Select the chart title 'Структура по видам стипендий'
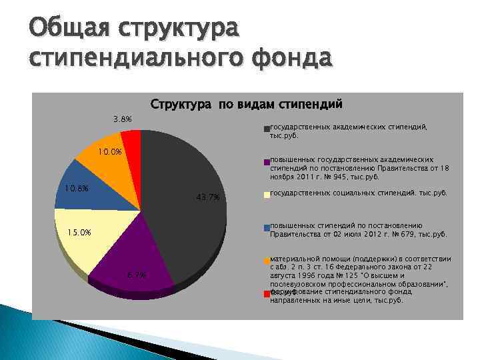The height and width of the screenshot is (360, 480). pyautogui.click(x=246, y=104)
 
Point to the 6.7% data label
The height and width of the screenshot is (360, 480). pyautogui.click(x=136, y=275)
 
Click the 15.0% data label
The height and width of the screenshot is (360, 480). pyautogui.click(x=79, y=232)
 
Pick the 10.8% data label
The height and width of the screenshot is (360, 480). pyautogui.click(x=77, y=189)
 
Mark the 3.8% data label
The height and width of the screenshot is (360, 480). pyautogui.click(x=122, y=119)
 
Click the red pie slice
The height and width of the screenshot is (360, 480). pyautogui.click(x=131, y=138)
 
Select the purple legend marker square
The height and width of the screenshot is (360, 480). pyautogui.click(x=267, y=161)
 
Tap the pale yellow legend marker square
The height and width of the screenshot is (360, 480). pyautogui.click(x=267, y=195)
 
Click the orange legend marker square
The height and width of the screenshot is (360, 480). pyautogui.click(x=267, y=260)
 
